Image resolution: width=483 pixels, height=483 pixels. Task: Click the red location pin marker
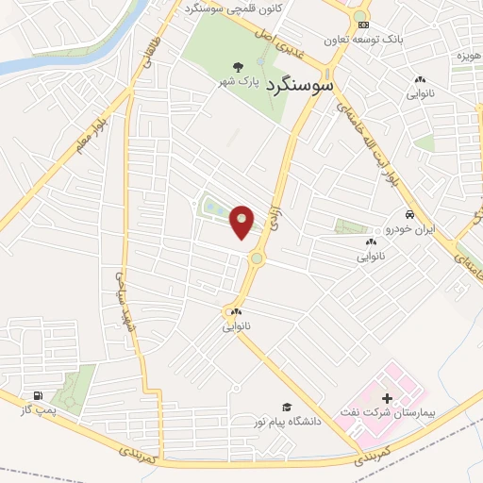[241, 221]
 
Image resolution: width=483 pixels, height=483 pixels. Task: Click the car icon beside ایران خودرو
[409, 213]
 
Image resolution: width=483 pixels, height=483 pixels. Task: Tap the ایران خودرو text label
[382, 229]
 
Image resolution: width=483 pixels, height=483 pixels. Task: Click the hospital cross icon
[387, 400]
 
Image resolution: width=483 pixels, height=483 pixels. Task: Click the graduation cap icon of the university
[284, 406]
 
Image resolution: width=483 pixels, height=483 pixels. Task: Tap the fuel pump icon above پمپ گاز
[36, 395]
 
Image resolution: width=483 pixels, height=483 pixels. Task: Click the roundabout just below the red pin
[256, 258]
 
